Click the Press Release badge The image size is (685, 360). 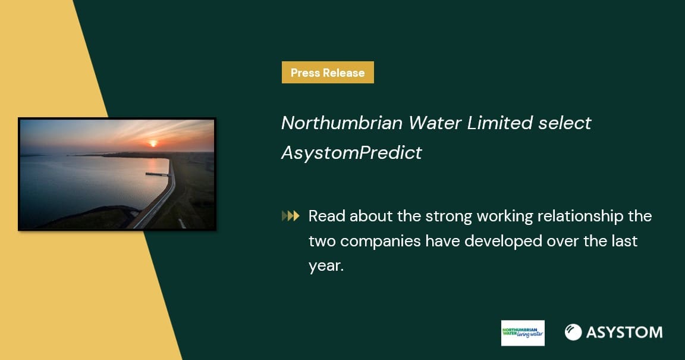pos(328,72)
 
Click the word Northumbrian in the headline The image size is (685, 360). pos(342,123)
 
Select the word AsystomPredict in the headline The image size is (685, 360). pos(351,153)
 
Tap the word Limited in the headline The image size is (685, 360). pos(499,123)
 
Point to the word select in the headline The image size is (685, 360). pos(565,123)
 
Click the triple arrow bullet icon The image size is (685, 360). pos(291,215)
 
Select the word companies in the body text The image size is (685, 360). pos(380,242)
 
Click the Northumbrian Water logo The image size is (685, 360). pos(523,333)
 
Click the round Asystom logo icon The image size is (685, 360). pos(573,333)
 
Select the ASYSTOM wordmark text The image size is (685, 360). pos(624,333)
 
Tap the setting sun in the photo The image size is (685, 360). pos(153,143)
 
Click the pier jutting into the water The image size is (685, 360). pos(158,174)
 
